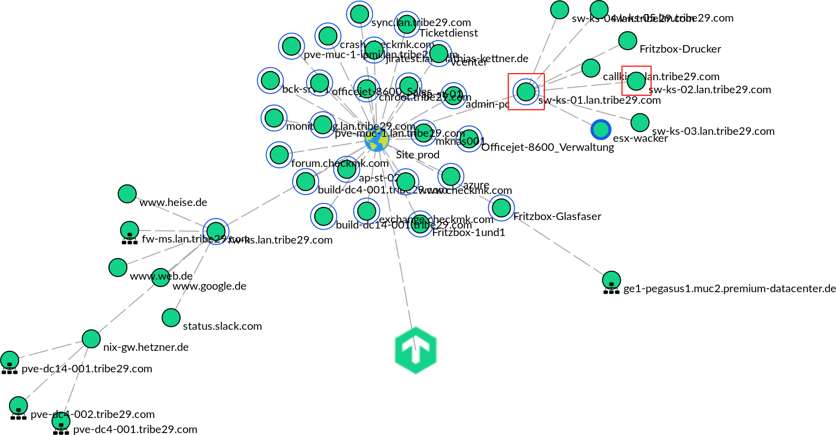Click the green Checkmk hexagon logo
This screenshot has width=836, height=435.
[x=415, y=350]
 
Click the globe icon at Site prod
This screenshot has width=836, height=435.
[x=377, y=140]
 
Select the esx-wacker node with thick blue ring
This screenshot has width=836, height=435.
[x=600, y=130]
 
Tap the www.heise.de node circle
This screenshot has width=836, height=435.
[x=127, y=194]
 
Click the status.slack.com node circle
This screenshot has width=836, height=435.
[x=171, y=317]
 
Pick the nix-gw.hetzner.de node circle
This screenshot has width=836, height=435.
[x=91, y=339]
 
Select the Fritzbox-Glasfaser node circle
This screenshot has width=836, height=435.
[x=501, y=207]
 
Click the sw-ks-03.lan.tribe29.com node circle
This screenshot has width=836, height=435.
[x=640, y=122]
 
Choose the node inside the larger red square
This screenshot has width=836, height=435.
[x=526, y=92]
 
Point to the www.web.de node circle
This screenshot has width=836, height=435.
[x=118, y=268]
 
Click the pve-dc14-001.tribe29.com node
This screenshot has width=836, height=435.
[x=10, y=360]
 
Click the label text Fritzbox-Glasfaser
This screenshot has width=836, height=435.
[x=557, y=216]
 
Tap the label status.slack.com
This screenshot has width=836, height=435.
[x=222, y=326]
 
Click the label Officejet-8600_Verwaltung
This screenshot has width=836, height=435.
[x=547, y=147]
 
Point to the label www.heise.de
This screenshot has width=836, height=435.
[x=173, y=202]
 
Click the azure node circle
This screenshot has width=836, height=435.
[x=451, y=176]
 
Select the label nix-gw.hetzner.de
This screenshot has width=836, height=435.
[x=146, y=347]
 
